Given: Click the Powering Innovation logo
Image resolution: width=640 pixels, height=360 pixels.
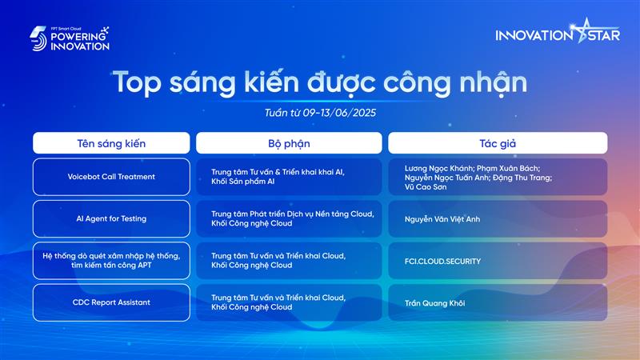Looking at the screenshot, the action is point(70,38).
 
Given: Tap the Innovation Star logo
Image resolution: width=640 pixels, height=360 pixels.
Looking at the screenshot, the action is point(558,32).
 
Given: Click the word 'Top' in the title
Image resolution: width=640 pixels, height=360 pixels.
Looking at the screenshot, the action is point(137,83).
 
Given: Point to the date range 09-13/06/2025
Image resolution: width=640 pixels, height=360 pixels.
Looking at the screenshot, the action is point(339,113).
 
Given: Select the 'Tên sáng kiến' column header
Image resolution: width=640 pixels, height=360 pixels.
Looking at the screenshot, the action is point(111,143).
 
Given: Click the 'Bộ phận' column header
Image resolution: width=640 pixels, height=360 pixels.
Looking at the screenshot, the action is point(289,143).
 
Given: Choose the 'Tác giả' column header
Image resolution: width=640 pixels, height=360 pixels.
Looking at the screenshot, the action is point(498,143).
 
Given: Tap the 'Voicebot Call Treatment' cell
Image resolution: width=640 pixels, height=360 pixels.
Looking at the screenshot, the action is point(111,177).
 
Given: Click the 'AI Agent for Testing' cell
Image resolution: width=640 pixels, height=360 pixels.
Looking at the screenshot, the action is point(111,218).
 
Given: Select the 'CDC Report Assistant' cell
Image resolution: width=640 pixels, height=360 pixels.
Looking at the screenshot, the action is point(111,302).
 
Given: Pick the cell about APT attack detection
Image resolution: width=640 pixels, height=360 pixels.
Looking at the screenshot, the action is point(111,261).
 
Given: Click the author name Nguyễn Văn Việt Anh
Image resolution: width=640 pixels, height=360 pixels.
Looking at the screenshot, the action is point(442,219).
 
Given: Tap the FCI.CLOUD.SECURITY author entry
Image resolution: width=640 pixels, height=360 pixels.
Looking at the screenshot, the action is point(442,262).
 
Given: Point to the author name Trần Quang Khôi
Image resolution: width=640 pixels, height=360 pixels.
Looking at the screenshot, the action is point(434,303).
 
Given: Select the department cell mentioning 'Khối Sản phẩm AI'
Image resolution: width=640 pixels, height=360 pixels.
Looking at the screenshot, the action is point(289,177).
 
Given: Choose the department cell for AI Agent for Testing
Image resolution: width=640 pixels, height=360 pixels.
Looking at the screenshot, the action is point(289,218).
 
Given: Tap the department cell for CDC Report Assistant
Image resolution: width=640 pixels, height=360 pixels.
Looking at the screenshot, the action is point(289,302).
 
